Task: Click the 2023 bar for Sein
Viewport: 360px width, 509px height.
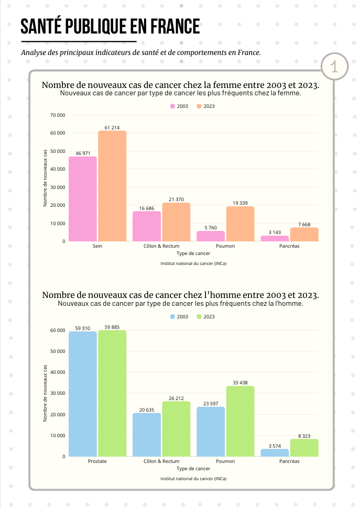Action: [112, 186]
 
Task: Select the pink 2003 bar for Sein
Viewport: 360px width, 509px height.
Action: [83, 199]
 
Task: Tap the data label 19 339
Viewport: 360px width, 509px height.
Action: [240, 202]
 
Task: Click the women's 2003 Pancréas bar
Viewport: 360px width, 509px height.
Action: [275, 238]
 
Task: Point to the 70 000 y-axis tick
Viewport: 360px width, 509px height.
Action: [58, 115]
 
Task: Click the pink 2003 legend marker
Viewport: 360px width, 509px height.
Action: [172, 106]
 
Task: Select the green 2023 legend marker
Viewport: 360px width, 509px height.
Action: [199, 317]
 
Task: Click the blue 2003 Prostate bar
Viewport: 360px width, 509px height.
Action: [83, 393]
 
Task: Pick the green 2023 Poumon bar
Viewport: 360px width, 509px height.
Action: [240, 421]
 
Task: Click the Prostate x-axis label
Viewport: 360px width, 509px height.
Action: [97, 461]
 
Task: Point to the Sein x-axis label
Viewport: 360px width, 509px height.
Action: [97, 246]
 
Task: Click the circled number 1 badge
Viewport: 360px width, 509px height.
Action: [334, 67]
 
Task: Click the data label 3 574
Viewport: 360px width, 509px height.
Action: [275, 446]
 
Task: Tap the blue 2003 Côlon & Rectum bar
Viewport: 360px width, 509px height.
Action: [147, 435]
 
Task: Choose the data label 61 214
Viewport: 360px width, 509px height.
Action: [112, 127]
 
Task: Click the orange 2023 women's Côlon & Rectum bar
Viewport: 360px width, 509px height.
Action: [176, 222]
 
